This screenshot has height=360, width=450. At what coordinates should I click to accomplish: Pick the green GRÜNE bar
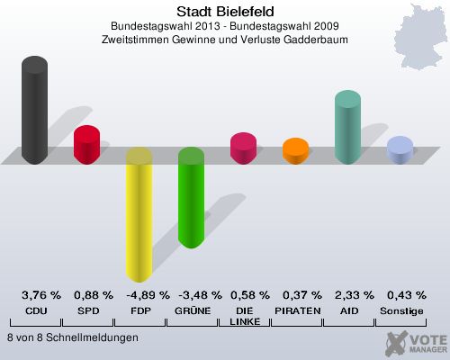pyautogui.click(x=191, y=197)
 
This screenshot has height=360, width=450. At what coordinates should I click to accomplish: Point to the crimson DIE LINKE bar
pyautogui.click(x=243, y=148)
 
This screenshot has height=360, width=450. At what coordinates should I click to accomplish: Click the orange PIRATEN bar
pyautogui.click(x=295, y=151)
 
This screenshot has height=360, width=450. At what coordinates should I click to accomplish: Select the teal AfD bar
pyautogui.click(x=347, y=127)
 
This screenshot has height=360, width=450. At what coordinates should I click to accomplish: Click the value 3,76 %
pyautogui.click(x=40, y=295)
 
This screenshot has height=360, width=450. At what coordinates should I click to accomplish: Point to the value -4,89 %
pyautogui.click(x=145, y=295)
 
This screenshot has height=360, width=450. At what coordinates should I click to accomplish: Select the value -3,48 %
pyautogui.click(x=197, y=295)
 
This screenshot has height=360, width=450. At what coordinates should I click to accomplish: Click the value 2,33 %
pyautogui.click(x=354, y=295)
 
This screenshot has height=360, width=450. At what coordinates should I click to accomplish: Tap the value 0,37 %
pyautogui.click(x=301, y=295)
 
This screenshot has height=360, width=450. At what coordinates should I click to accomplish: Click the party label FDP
pyautogui.click(x=139, y=310)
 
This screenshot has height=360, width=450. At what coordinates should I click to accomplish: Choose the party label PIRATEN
pyautogui.click(x=296, y=310)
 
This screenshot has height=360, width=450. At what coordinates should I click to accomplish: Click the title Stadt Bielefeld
pyautogui.click(x=225, y=11)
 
